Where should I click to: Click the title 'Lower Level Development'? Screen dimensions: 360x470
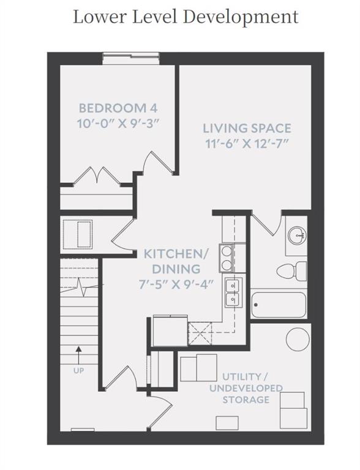[x=186, y=17]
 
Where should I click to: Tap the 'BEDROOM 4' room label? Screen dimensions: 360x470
[x=118, y=108]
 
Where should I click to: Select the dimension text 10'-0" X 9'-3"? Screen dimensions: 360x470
[x=118, y=124]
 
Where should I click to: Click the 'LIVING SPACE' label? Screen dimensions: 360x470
[x=247, y=129]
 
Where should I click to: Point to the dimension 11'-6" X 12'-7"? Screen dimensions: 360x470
[x=247, y=144]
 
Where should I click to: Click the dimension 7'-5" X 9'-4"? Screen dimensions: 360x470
[x=176, y=284]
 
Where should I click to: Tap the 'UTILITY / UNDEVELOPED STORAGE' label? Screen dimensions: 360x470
[x=246, y=388]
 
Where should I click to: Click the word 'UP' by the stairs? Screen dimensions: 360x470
[x=78, y=370]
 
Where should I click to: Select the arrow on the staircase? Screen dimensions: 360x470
[x=78, y=355]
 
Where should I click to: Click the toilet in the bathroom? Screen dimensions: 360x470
[x=291, y=271]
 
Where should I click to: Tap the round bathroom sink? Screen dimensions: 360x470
[x=297, y=235]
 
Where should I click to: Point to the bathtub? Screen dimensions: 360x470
[x=279, y=305]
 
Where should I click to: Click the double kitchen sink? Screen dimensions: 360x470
[x=233, y=293]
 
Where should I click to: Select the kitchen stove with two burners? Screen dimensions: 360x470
[x=226, y=258]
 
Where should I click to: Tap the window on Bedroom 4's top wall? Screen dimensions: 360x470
[x=130, y=59]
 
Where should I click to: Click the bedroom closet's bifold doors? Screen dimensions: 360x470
[x=97, y=176]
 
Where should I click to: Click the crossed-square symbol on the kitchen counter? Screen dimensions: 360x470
[x=200, y=333]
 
